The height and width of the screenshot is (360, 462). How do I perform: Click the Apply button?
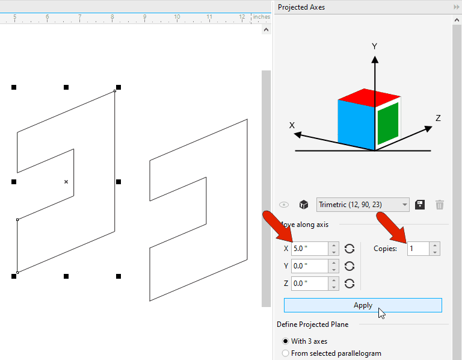[363, 305]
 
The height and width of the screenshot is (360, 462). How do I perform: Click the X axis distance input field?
[310, 249]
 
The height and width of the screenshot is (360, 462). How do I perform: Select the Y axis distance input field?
[310, 266]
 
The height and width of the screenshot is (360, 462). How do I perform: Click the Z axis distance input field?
[310, 284]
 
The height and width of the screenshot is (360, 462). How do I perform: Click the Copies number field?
[419, 249]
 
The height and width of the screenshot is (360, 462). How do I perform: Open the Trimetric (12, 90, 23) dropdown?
[363, 205]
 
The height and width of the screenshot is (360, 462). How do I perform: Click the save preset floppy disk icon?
[420, 205]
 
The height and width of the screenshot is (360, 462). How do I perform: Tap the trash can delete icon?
[440, 205]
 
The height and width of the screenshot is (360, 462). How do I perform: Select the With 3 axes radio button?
[285, 341]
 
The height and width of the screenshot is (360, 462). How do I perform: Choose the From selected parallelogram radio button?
[285, 353]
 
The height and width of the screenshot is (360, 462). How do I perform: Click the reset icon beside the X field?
[350, 249]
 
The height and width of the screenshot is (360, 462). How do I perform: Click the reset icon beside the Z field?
[350, 284]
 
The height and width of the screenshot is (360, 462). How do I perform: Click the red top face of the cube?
[368, 97]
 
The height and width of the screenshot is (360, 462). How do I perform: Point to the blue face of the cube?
[356, 124]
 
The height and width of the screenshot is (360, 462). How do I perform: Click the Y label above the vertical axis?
[374, 46]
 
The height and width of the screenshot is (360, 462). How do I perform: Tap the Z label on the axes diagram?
[438, 118]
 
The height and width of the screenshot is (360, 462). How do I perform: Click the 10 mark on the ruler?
[177, 16]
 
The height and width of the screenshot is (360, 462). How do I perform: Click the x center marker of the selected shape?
[66, 182]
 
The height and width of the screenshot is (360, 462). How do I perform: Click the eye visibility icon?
[284, 205]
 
